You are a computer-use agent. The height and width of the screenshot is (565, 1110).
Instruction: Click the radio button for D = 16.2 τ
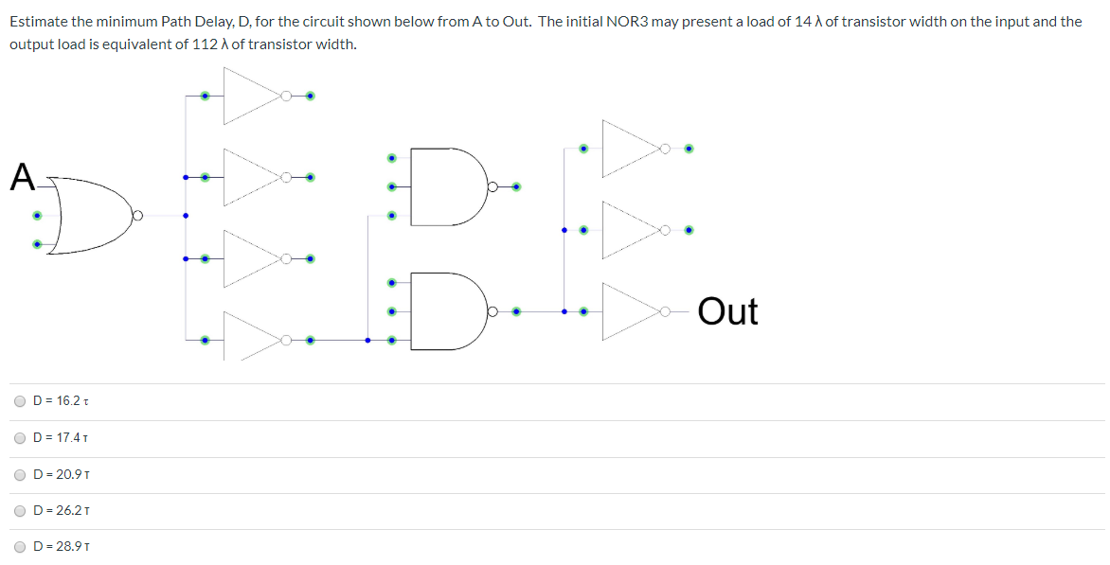(x=21, y=401)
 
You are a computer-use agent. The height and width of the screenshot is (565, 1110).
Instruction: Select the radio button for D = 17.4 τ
(x=21, y=438)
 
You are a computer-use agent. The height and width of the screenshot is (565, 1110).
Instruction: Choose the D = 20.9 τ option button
(x=21, y=474)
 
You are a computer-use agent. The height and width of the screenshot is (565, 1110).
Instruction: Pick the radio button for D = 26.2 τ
(x=21, y=511)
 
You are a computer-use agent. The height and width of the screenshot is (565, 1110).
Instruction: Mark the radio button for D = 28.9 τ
(x=21, y=547)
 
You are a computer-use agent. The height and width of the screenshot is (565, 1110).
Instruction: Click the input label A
(x=23, y=178)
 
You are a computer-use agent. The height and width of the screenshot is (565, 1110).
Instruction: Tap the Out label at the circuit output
(x=727, y=311)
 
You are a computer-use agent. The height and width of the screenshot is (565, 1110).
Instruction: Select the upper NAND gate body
(x=445, y=186)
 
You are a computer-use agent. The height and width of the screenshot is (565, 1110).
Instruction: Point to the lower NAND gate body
(x=445, y=310)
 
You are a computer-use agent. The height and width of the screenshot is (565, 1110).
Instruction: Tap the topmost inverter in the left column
(x=249, y=96)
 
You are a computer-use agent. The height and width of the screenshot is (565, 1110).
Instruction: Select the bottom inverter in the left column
(x=249, y=339)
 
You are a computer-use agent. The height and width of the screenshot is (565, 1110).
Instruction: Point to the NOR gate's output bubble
(x=137, y=216)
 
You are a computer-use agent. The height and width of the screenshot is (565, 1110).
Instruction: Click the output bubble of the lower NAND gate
(x=492, y=310)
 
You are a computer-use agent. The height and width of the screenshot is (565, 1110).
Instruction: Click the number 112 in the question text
(x=218, y=44)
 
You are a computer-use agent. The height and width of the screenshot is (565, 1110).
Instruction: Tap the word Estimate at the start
(x=39, y=21)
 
